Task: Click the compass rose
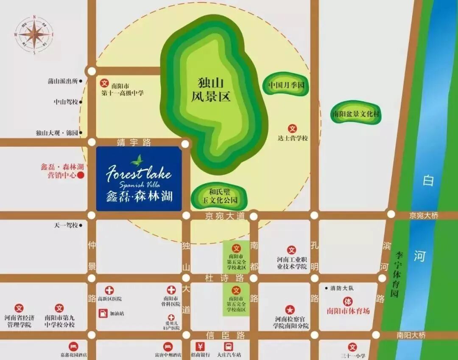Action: tap(34, 34)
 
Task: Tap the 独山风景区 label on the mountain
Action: tap(214, 89)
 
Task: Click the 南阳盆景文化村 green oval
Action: tap(356, 114)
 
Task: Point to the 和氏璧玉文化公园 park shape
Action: tap(220, 195)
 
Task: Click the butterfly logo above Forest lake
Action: tap(137, 160)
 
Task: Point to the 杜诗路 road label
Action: tap(225, 278)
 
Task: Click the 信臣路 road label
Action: tap(225, 335)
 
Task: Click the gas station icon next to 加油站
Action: tap(103, 313)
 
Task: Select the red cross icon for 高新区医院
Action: tap(109, 290)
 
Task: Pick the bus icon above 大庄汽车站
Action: tap(229, 346)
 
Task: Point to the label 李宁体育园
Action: tap(398, 274)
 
